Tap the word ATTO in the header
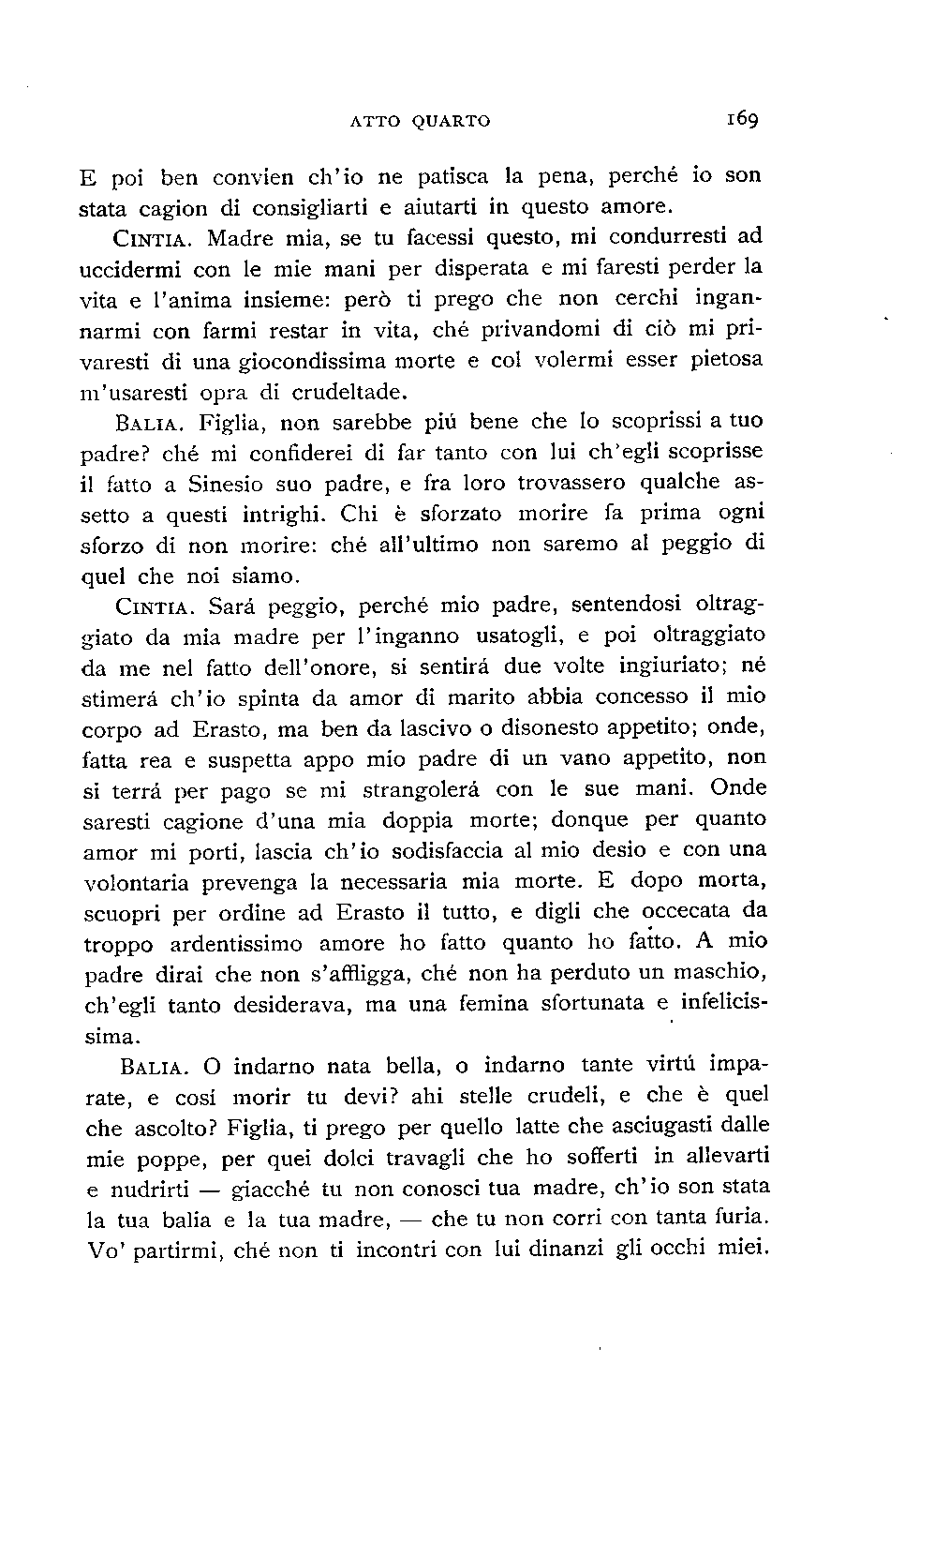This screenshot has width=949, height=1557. [375, 121]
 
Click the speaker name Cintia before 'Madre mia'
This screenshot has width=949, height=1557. [155, 238]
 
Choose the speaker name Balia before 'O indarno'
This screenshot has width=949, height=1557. [156, 1066]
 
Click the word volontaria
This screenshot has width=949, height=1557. [137, 883]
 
